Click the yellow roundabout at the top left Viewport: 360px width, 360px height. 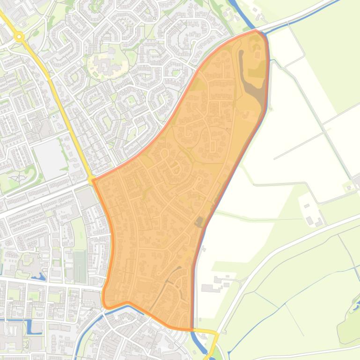tap(19, 36)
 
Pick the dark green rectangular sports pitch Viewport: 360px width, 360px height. tap(80, 266)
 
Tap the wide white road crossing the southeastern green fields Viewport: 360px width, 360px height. tap(281, 248)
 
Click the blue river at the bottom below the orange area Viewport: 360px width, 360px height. tap(199, 344)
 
